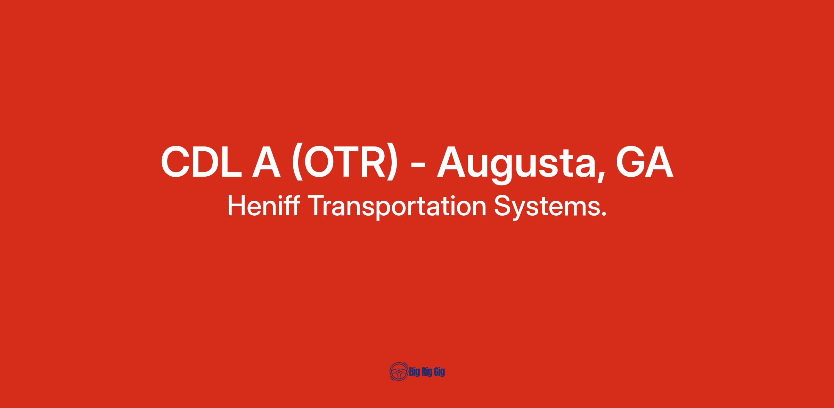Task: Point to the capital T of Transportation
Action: click(x=316, y=206)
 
